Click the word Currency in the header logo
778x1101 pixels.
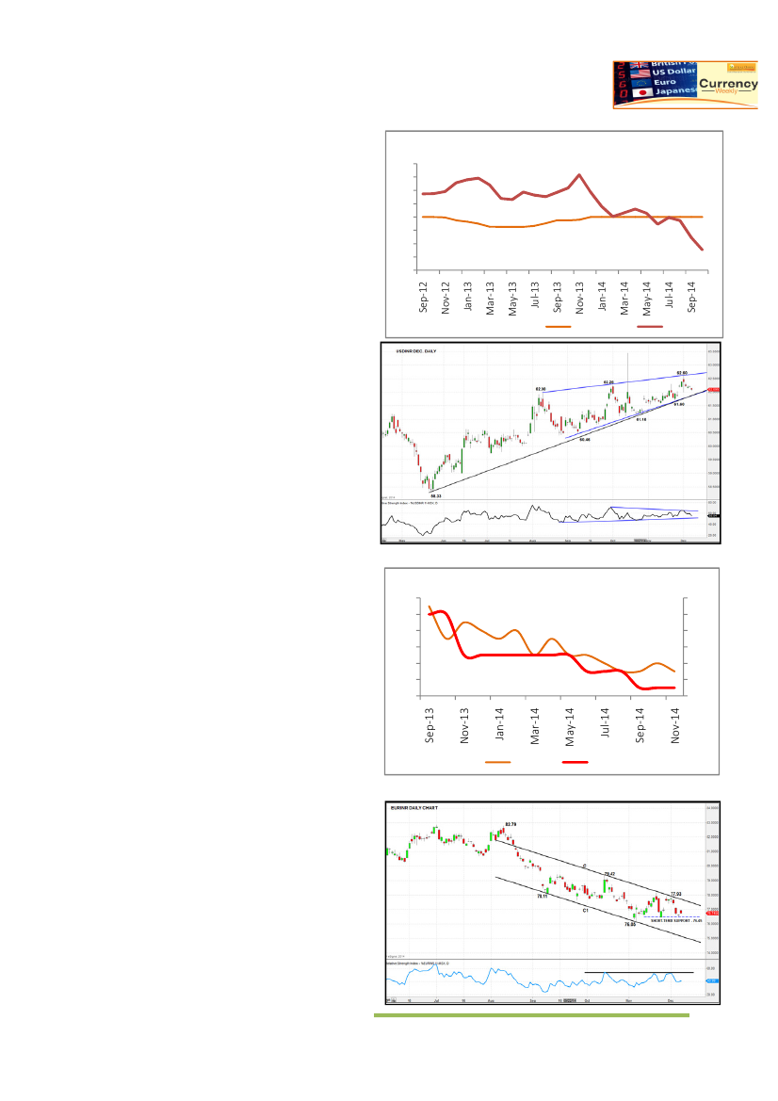coord(728,84)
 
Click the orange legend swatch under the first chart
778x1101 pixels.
coord(558,327)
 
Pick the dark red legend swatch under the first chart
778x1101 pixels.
coord(650,327)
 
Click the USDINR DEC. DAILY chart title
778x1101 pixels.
coord(415,351)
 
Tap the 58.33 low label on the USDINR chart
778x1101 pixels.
coord(434,495)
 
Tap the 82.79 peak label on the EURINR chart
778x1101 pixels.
coord(511,824)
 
